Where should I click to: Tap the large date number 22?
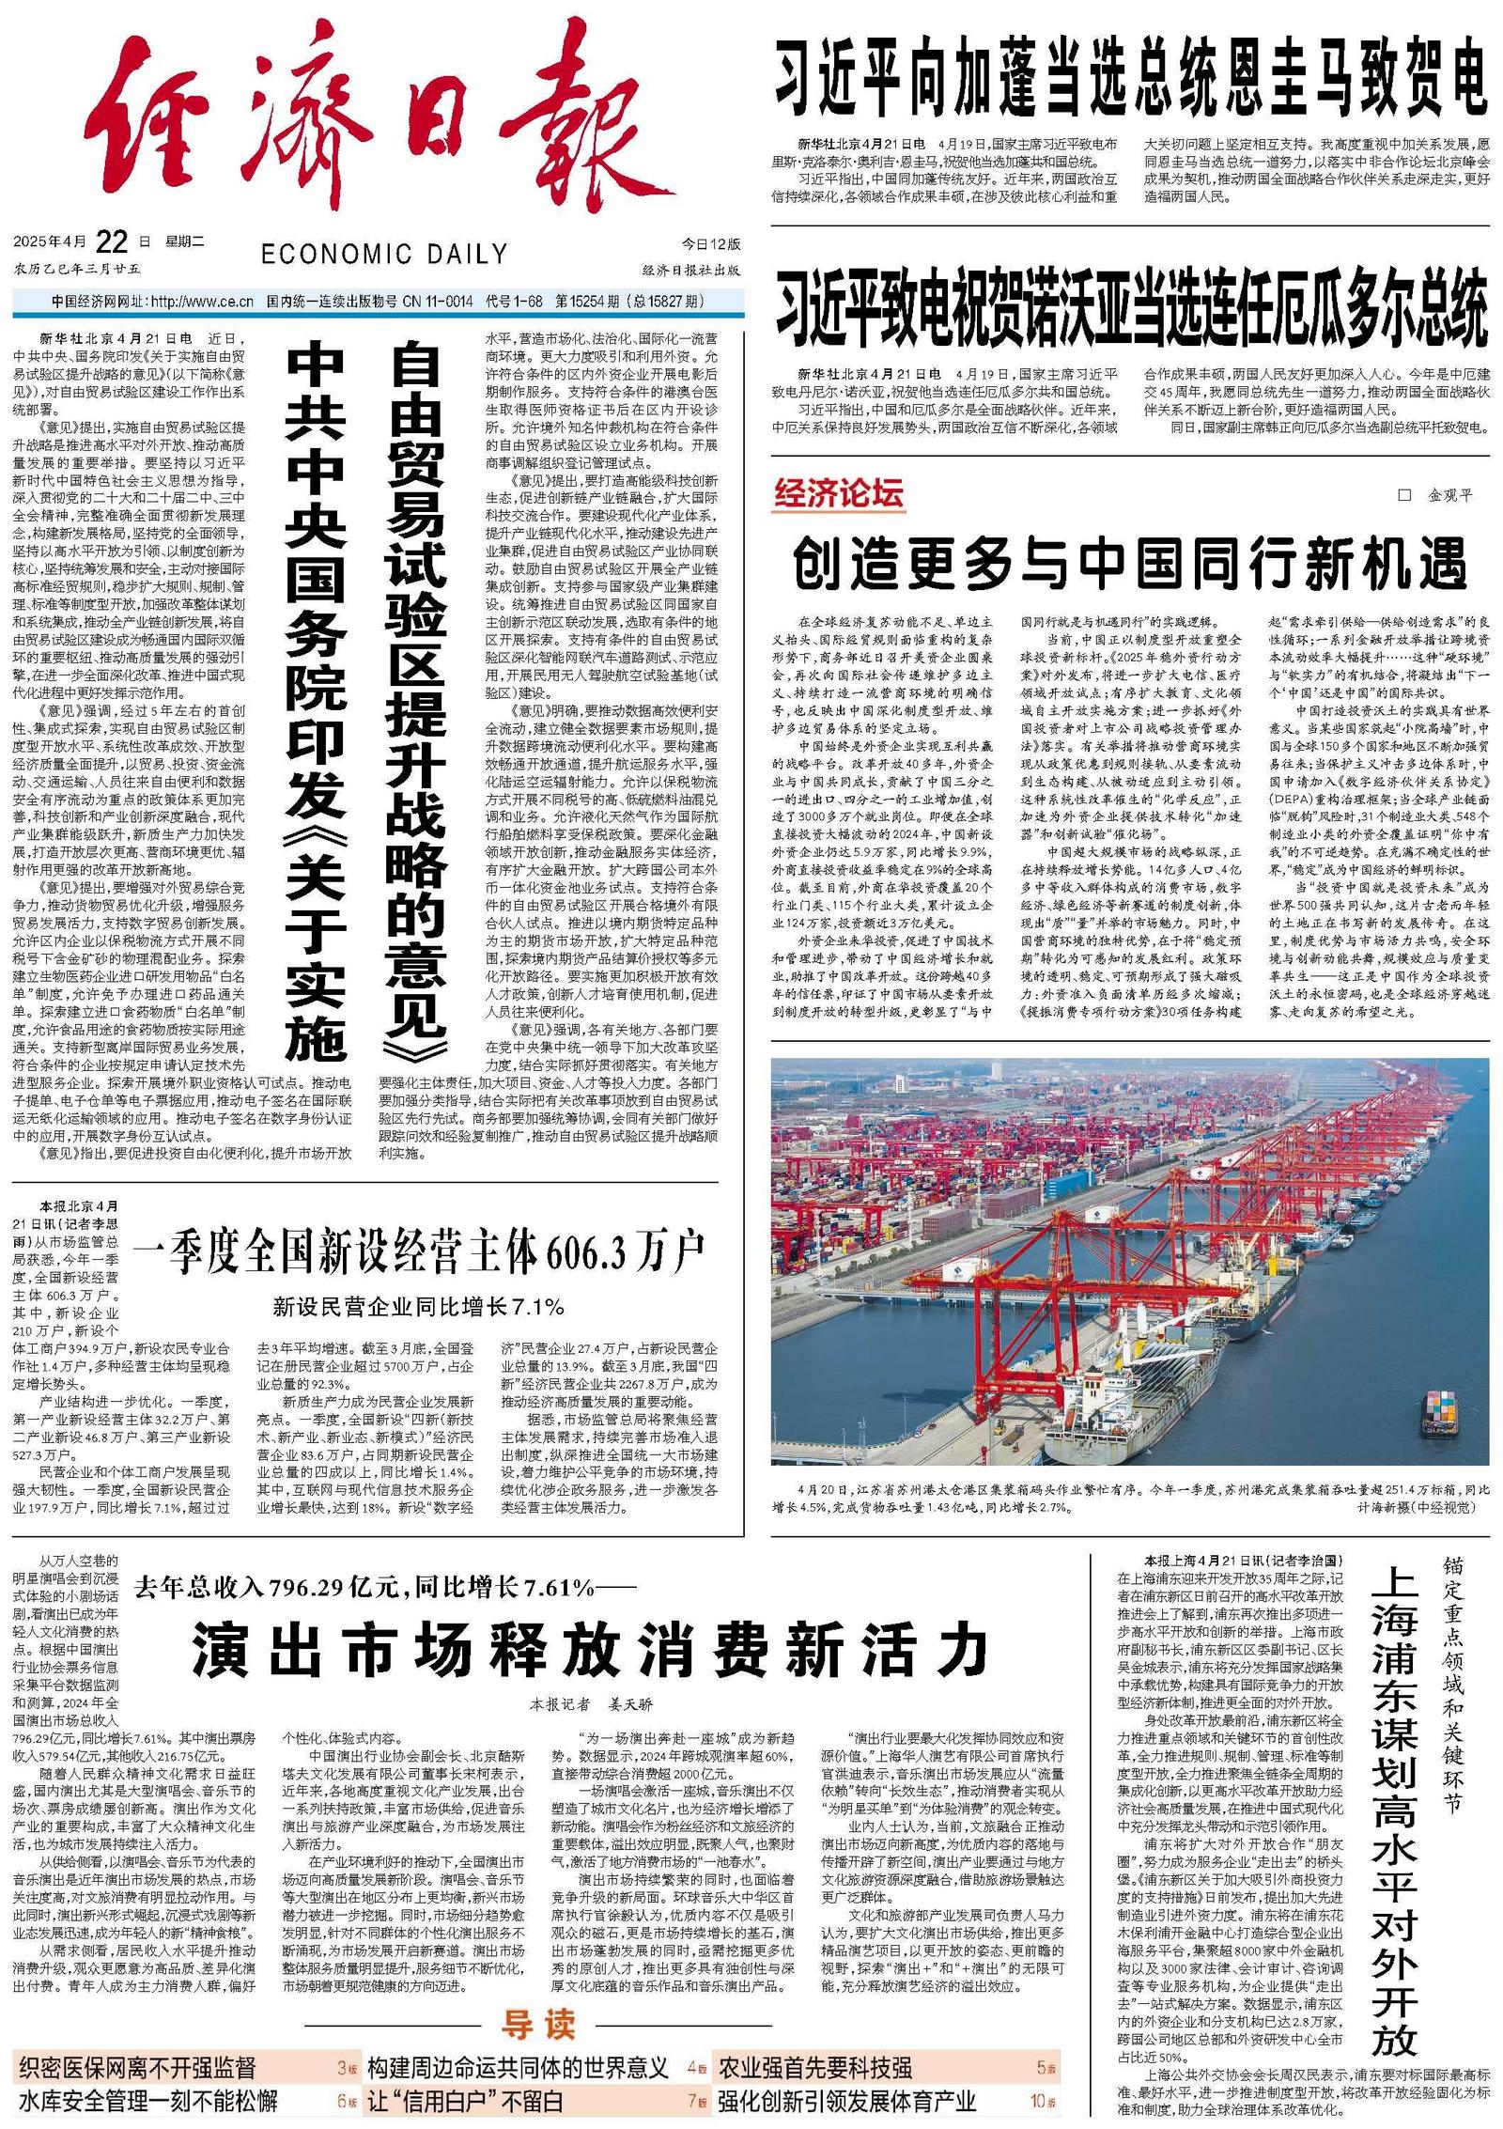(x=111, y=242)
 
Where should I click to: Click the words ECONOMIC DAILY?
(x=384, y=254)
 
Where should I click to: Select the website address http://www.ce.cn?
(x=202, y=302)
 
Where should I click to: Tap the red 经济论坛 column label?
(x=838, y=493)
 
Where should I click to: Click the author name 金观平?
(x=1449, y=495)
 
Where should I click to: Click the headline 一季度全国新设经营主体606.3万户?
(x=419, y=1250)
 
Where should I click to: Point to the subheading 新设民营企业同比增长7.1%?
(x=419, y=1306)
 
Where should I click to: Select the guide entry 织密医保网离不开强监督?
(x=137, y=2067)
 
